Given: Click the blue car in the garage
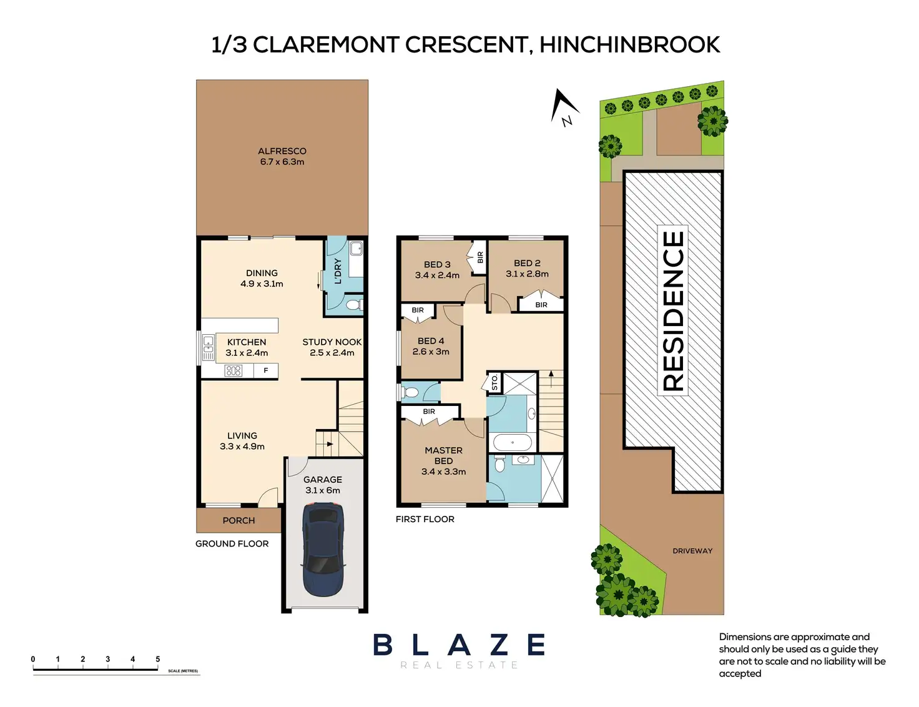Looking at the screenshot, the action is pyautogui.click(x=323, y=550).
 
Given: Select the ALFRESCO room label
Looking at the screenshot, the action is pyautogui.click(x=282, y=151).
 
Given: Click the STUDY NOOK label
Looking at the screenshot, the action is pyautogui.click(x=332, y=342).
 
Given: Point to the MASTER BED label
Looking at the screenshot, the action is pyautogui.click(x=444, y=456).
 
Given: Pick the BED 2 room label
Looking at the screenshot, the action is pyautogui.click(x=527, y=263).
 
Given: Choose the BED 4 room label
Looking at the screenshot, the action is pyautogui.click(x=431, y=341).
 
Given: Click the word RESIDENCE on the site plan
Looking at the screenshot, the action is pyautogui.click(x=672, y=310).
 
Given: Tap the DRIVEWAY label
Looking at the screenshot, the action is pyautogui.click(x=692, y=551).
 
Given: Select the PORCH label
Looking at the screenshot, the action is pyautogui.click(x=238, y=520).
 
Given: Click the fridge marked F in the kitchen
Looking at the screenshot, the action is pyautogui.click(x=266, y=370).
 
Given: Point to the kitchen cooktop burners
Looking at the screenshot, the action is pyautogui.click(x=233, y=371).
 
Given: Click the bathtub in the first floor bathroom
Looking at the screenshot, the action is pyautogui.click(x=512, y=443).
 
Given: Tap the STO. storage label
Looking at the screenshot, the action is pyautogui.click(x=495, y=382).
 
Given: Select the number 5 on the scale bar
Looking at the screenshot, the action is pyautogui.click(x=158, y=659).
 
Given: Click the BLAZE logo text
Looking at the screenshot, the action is pyautogui.click(x=459, y=644).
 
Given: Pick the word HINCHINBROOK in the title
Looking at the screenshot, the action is pyautogui.click(x=630, y=45).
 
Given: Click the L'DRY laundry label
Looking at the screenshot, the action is pyautogui.click(x=338, y=271).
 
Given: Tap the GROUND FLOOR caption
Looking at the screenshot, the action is pyautogui.click(x=232, y=544).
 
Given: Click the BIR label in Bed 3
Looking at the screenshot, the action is pyautogui.click(x=481, y=257).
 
